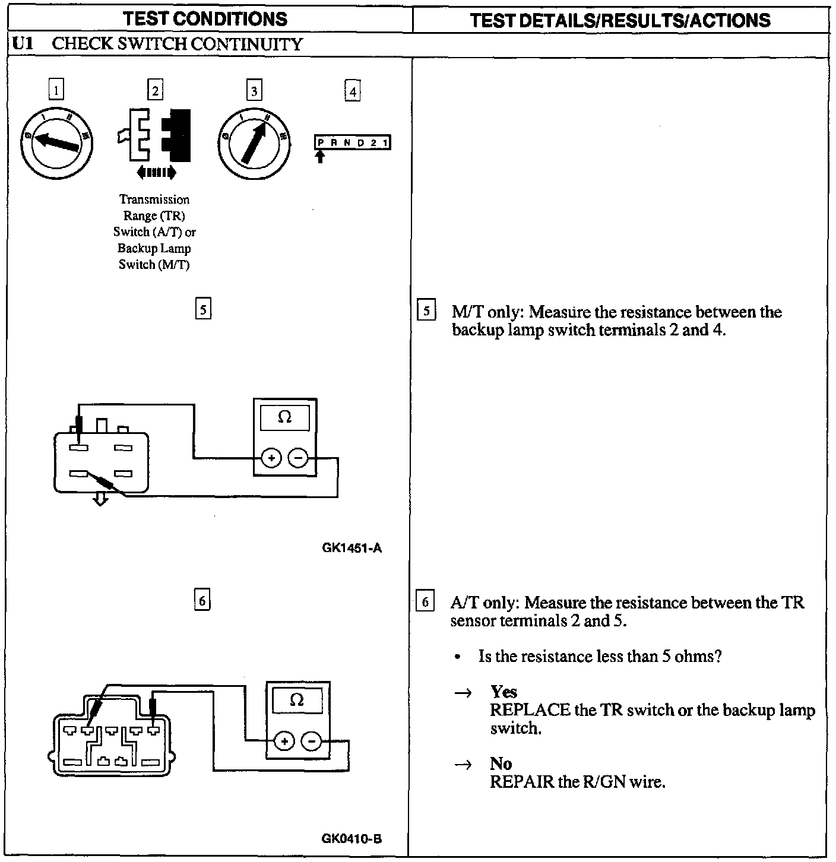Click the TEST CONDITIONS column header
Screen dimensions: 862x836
[x=206, y=18]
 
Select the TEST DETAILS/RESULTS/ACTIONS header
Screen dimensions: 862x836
[x=620, y=20]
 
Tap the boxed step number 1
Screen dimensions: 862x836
[x=56, y=90]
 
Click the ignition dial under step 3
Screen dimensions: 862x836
[x=254, y=142]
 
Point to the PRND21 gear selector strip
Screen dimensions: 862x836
[x=352, y=143]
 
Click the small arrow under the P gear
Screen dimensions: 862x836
[x=321, y=157]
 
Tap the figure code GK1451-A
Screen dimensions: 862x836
[x=351, y=548]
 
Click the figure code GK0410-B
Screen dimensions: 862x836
[x=351, y=838]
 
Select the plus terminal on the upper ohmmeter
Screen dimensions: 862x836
[x=271, y=458]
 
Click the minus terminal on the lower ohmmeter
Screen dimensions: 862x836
[x=311, y=741]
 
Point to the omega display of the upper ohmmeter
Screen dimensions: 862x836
[x=285, y=418]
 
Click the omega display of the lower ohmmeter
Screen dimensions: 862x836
[x=297, y=701]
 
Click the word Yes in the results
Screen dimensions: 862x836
[x=503, y=692]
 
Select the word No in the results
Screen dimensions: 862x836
[x=501, y=763]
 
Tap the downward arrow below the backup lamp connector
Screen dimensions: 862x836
[x=101, y=500]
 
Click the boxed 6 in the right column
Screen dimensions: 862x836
[x=425, y=602]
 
